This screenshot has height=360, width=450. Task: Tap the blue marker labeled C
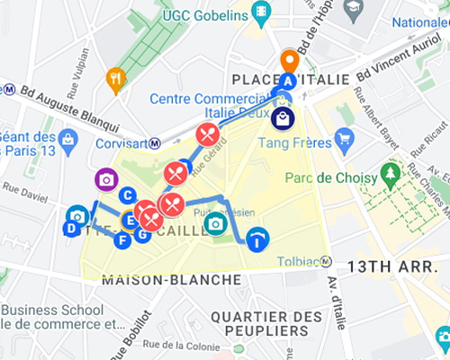pos(128,194)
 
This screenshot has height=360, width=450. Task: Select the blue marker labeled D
pos(71,229)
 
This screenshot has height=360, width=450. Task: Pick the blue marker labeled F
pos(123,239)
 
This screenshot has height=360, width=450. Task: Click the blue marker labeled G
pos(141,235)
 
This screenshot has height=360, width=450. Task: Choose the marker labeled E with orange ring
pos(130,219)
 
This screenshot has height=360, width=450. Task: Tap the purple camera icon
pos(106,179)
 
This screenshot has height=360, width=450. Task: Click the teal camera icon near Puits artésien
pos(214,223)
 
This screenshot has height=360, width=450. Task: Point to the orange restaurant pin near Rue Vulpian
pos(115,78)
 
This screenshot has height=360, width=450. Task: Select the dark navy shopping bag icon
pos(283,118)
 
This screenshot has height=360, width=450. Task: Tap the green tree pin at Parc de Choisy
pos(391,171)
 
